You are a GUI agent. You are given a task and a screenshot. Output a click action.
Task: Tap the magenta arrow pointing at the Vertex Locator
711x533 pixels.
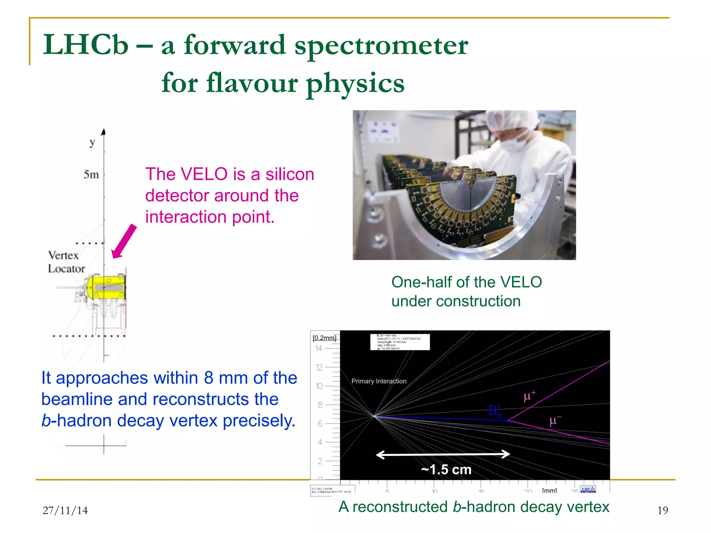click(124, 242)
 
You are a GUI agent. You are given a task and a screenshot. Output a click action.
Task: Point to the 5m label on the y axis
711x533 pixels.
click(91, 174)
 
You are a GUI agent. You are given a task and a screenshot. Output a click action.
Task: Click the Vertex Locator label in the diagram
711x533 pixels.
click(66, 262)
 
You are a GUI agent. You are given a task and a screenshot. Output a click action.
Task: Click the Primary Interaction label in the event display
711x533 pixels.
click(379, 381)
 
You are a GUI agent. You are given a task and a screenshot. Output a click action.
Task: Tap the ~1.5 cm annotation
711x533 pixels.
click(446, 469)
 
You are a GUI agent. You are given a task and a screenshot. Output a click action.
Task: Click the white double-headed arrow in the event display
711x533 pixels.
click(443, 454)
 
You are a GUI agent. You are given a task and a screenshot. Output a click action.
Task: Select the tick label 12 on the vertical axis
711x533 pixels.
click(319, 367)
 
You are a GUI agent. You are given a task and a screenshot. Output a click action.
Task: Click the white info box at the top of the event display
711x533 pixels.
click(400, 342)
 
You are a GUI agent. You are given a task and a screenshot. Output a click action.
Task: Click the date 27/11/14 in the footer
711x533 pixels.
click(65, 510)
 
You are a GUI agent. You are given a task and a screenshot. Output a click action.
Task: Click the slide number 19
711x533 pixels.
click(662, 510)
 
